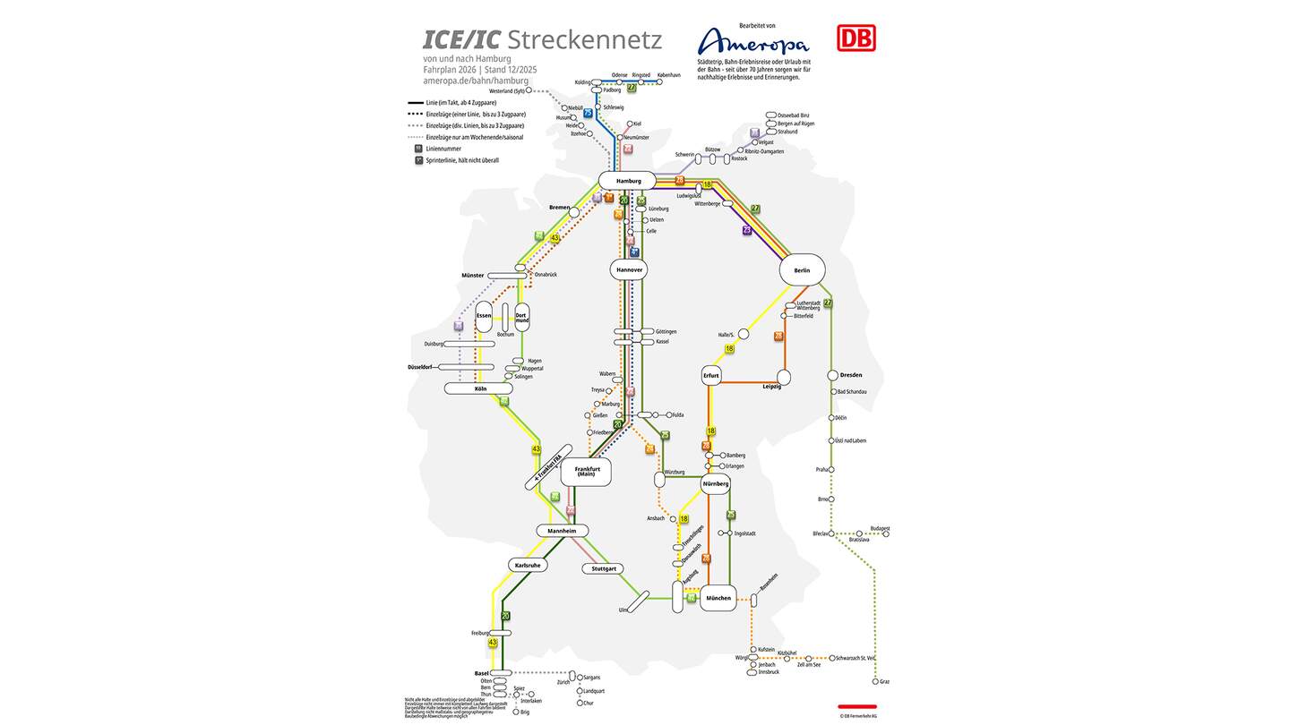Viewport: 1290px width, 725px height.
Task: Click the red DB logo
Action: (856, 38)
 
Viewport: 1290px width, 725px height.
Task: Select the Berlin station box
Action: (802, 269)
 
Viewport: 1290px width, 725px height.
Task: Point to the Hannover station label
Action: (629, 269)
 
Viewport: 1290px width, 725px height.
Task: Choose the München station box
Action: (718, 598)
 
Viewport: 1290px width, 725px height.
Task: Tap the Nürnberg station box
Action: (716, 483)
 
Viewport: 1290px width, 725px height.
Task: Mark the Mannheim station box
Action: (563, 531)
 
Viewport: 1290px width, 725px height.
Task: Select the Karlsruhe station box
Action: (527, 565)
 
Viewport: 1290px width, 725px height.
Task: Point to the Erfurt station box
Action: (711, 376)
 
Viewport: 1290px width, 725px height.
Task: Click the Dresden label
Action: (851, 375)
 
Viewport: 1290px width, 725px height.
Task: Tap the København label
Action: (669, 75)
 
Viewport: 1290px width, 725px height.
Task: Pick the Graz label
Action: (884, 681)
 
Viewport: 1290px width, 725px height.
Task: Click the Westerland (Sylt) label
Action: (506, 90)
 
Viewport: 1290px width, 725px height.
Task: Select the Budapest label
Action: (880, 528)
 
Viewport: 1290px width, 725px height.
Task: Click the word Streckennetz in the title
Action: (584, 40)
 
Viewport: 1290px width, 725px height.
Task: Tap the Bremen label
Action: (559, 207)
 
